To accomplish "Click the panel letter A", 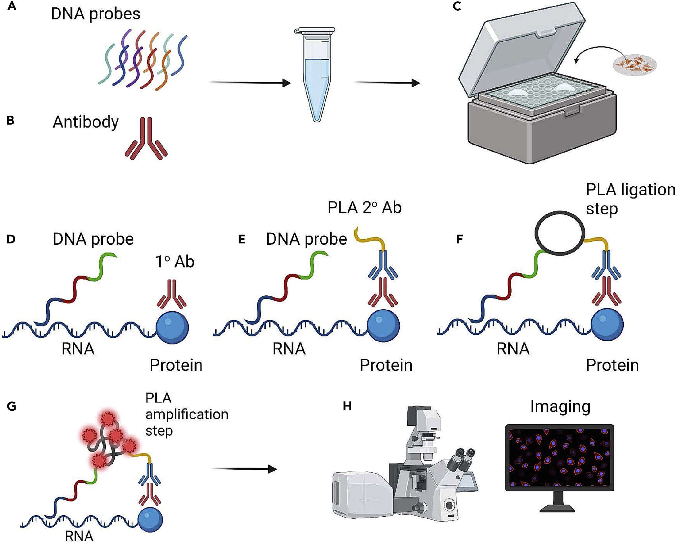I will pos(12,6).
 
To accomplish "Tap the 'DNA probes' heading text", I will pos(96,14).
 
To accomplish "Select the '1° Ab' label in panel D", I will pos(175,262).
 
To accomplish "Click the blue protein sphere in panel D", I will pos(172,328).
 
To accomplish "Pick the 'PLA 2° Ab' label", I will pos(364,208).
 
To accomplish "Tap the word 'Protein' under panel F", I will pos(612,365).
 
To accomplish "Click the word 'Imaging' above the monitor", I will pos(560,407).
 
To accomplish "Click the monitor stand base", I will pos(559,507).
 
